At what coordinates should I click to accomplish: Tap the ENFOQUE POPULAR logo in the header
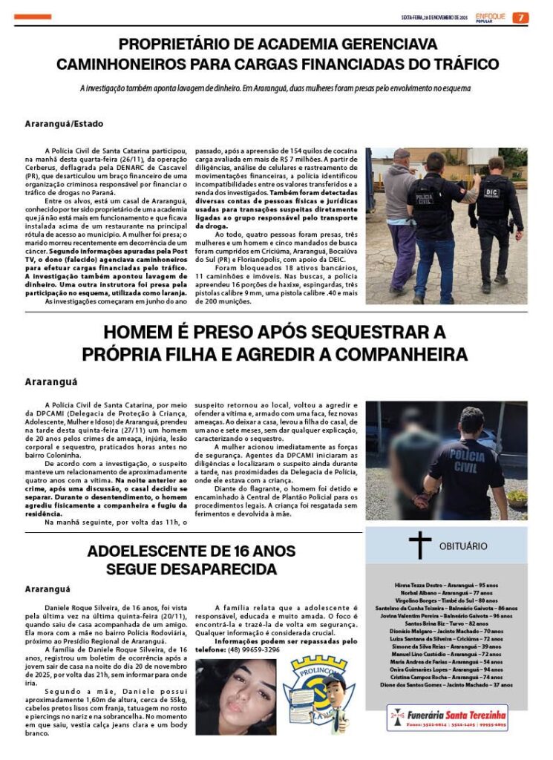click(x=491, y=17)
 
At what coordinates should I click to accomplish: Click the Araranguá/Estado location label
click(x=64, y=123)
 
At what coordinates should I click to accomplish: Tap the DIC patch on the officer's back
click(x=492, y=192)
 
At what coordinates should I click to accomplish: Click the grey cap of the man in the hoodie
click(x=402, y=154)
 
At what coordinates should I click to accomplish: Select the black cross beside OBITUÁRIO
click(x=419, y=546)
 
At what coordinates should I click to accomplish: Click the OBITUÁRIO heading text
click(x=463, y=546)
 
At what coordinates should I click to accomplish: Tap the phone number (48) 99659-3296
click(x=252, y=649)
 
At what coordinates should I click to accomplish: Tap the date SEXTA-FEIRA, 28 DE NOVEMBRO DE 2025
click(x=433, y=17)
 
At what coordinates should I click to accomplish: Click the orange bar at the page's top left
click(x=33, y=16)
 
